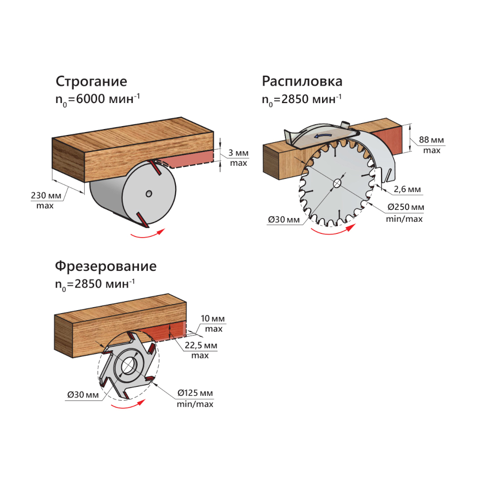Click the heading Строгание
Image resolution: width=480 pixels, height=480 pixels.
pyautogui.click(x=91, y=81)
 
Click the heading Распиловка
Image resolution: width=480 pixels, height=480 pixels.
pyautogui.click(x=302, y=81)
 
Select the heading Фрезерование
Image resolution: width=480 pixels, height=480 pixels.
pyautogui.click(x=105, y=266)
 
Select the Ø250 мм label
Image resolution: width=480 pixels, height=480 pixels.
pyautogui.click(x=405, y=207)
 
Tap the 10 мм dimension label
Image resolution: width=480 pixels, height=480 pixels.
pyautogui.click(x=213, y=319)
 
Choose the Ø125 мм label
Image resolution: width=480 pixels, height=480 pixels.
pyautogui.click(x=195, y=393)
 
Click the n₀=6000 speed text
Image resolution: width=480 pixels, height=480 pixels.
pyautogui.click(x=97, y=99)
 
